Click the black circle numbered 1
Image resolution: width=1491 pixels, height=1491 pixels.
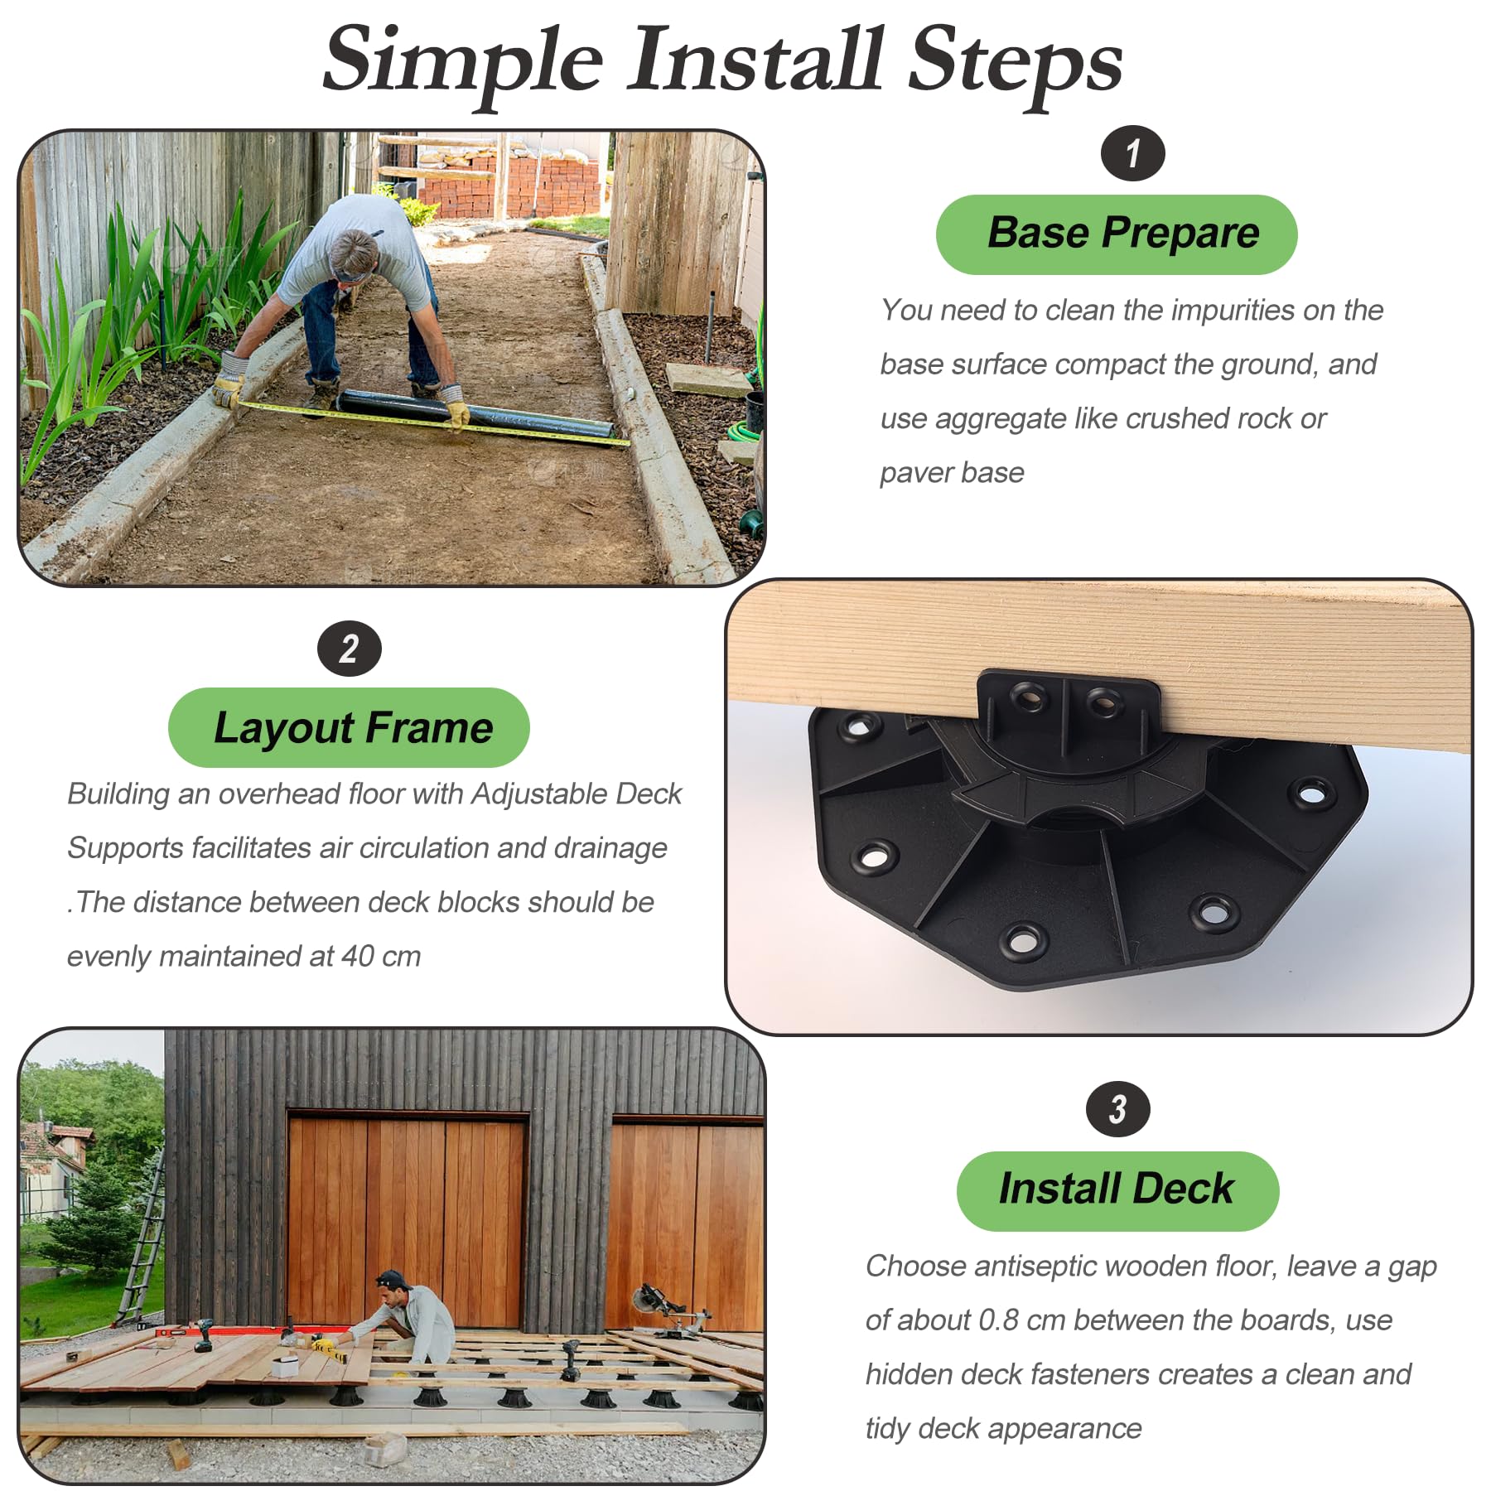1132,153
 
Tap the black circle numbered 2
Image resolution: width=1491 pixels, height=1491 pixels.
349,649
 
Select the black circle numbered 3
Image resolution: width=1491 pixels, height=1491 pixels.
1117,1109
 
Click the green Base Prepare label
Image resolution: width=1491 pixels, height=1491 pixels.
1117,234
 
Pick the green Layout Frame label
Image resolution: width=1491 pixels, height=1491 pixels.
349,727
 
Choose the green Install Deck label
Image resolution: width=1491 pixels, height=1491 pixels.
1117,1191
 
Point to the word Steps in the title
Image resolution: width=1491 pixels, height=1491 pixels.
1016,63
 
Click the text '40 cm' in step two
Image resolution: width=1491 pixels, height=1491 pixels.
381,956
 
